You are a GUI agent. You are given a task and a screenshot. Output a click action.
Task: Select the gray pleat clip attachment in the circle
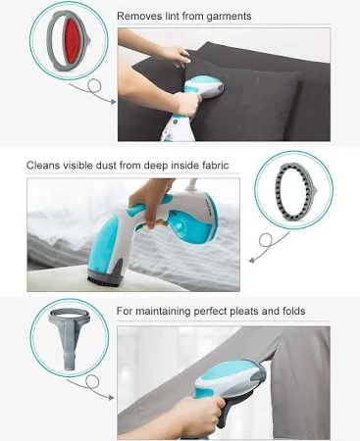coord(69,337)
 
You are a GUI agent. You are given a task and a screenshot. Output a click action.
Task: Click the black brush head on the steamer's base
coord(104,280)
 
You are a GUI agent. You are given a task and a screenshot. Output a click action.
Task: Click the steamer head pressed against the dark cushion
coord(204,87)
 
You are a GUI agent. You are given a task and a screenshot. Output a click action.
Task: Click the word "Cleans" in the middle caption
coord(43,165)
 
